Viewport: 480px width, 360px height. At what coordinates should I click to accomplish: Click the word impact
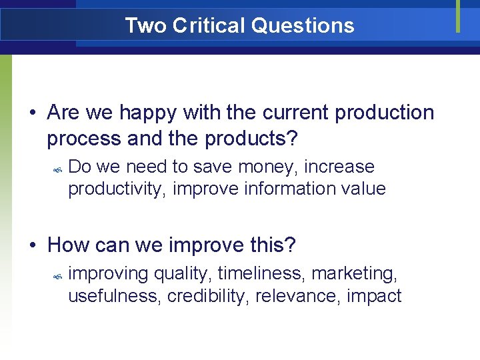[x=374, y=296]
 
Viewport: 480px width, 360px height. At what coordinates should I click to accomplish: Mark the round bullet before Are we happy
[x=33, y=114]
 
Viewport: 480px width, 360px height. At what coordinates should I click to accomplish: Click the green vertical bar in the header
[x=458, y=15]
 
